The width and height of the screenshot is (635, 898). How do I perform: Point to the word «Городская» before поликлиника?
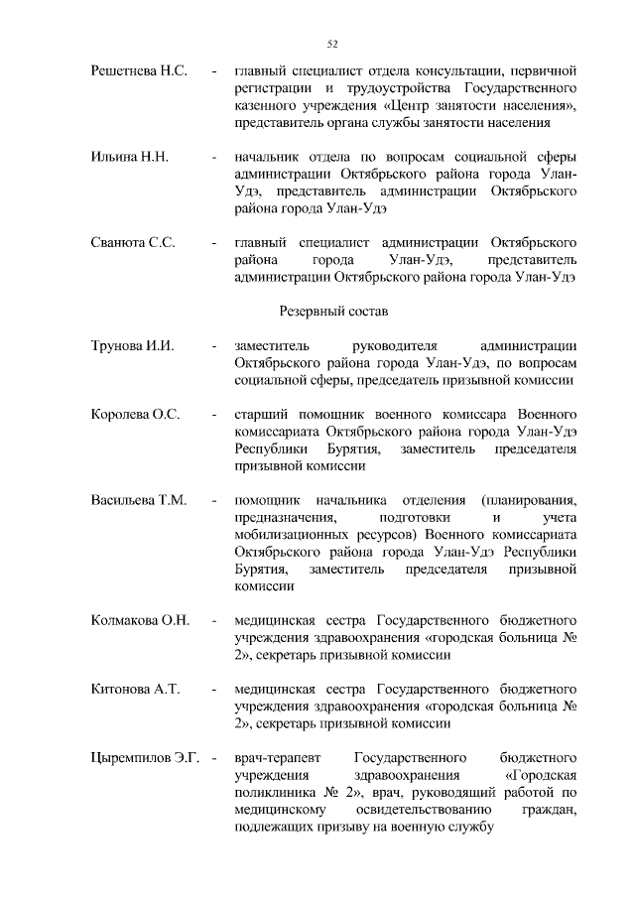coord(540,775)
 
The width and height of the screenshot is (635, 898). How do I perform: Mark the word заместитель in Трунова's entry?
coord(273,345)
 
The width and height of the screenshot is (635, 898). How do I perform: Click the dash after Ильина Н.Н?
coord(213,157)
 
